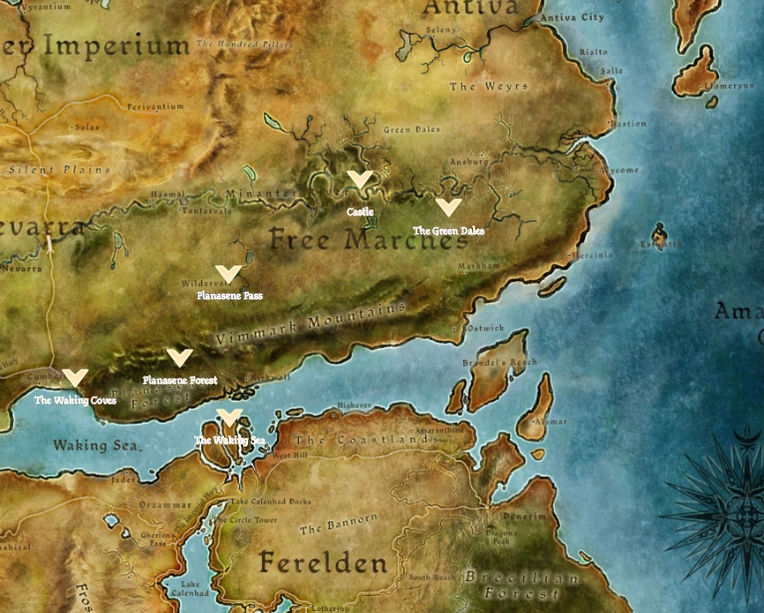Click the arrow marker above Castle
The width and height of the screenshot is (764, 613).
click(360, 179)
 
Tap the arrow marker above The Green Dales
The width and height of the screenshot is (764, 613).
click(449, 207)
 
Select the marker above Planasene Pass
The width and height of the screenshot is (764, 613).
click(228, 273)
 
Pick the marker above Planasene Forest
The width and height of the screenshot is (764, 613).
click(179, 357)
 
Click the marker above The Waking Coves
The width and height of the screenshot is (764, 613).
click(75, 378)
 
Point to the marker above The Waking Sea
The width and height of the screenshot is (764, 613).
click(229, 418)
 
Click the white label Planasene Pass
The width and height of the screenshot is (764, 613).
click(229, 296)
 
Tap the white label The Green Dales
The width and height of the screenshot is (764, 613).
click(449, 231)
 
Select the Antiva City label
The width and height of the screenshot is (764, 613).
click(572, 18)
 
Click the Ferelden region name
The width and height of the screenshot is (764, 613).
click(323, 563)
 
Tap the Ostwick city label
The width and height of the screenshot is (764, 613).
click(485, 328)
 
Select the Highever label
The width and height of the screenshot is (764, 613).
click(354, 406)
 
